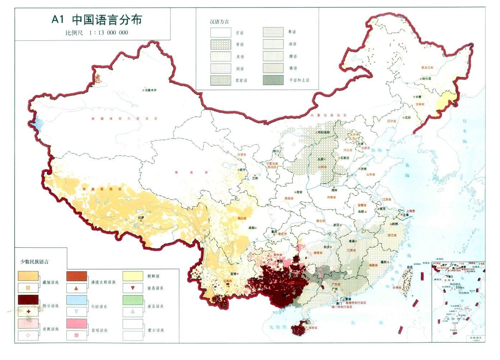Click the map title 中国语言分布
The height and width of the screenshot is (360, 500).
107,19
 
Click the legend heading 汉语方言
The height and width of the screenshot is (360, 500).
219,22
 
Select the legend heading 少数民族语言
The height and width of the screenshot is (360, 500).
34,262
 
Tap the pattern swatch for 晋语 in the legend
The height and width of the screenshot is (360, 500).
221,44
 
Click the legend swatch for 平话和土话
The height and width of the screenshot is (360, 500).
273,80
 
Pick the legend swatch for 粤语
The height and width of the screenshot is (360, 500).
273,32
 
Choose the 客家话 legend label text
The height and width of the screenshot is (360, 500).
241,80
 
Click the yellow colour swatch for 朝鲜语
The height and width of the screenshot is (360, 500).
133,276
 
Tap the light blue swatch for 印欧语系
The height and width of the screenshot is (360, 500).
77,300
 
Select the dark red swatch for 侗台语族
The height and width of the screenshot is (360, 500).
28,300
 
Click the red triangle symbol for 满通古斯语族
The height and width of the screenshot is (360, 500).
76,288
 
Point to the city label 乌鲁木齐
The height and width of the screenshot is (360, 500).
151,90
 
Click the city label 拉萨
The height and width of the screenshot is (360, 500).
141,217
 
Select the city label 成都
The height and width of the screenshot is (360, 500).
251,228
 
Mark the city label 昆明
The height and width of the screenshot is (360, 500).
233,274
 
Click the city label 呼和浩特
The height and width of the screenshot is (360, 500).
323,132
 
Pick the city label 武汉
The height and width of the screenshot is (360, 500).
336,225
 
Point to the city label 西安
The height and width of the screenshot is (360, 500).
299,192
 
